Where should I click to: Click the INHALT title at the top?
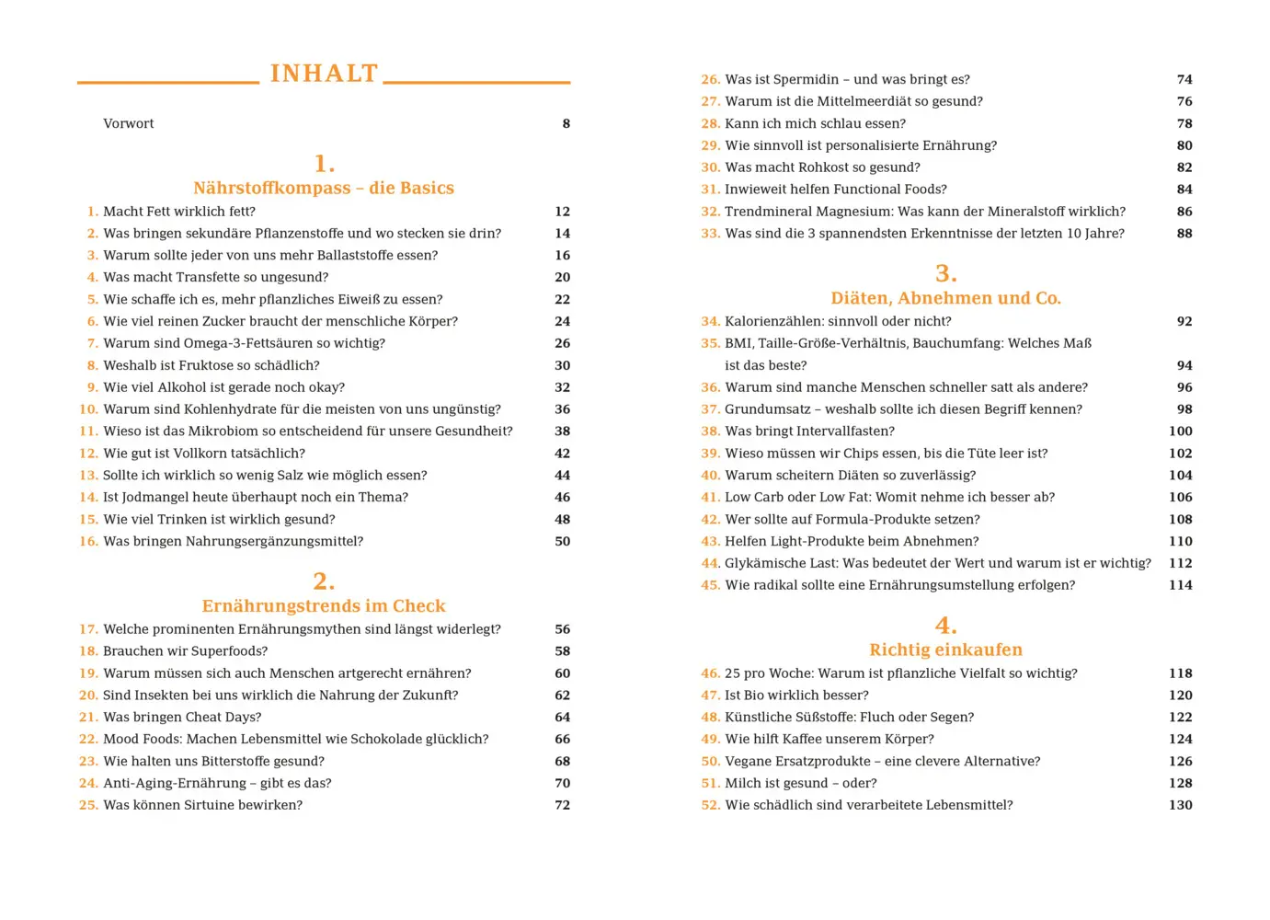(x=324, y=74)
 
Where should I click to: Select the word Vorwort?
(x=129, y=123)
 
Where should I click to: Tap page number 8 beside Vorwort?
(x=566, y=123)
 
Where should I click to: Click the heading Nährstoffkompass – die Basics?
(x=324, y=188)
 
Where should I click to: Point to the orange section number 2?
(x=324, y=581)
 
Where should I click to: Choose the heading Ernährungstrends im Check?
(x=324, y=605)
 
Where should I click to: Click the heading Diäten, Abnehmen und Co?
(x=945, y=298)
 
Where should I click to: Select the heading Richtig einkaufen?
(x=945, y=650)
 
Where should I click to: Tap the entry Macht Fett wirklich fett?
(x=179, y=212)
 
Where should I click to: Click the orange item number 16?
(x=88, y=541)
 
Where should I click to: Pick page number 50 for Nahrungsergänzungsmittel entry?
(x=563, y=541)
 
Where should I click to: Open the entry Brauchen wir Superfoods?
(x=186, y=651)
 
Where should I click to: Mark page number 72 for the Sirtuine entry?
(x=563, y=805)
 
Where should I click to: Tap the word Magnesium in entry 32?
(x=856, y=212)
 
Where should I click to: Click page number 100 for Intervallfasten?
(x=1181, y=431)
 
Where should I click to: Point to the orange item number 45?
(x=710, y=585)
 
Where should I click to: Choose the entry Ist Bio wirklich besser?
(x=796, y=696)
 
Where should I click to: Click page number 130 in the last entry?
(x=1181, y=805)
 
